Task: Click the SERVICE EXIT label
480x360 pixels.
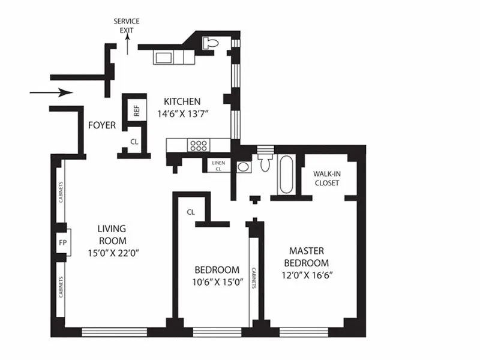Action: (x=127, y=25)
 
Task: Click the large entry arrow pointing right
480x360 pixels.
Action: (x=51, y=92)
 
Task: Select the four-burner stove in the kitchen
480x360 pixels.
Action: (x=199, y=145)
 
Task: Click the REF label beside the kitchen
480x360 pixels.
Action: (x=137, y=111)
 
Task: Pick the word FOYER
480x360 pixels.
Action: (x=102, y=125)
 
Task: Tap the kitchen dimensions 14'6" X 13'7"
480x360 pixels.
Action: (x=180, y=113)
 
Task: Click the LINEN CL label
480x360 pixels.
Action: (x=218, y=166)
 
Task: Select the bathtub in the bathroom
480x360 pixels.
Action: (x=286, y=175)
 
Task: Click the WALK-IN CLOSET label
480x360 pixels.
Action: (x=326, y=178)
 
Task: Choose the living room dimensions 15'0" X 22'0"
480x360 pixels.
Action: (x=112, y=253)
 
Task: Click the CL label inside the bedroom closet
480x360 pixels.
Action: (x=191, y=212)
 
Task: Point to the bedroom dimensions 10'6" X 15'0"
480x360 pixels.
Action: (x=217, y=284)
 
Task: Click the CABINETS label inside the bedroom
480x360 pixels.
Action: (x=254, y=277)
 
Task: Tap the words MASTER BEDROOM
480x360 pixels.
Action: (x=306, y=257)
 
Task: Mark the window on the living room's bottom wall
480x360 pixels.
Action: (x=114, y=331)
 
